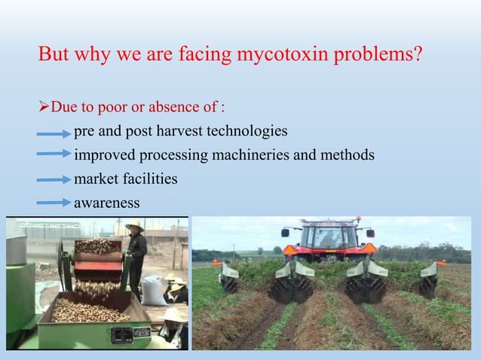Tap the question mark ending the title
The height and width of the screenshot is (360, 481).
coord(417,55)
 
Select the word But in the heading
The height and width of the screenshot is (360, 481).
coord(54,55)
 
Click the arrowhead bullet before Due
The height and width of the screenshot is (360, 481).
coord(44,107)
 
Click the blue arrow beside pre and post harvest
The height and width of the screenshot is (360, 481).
coord(54,134)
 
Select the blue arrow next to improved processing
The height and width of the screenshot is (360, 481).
coord(54,157)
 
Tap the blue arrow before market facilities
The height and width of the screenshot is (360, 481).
coord(54,181)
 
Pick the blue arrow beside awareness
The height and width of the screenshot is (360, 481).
coord(54,204)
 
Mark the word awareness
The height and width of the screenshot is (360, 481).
coord(106,203)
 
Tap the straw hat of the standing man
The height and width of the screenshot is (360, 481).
coord(135,226)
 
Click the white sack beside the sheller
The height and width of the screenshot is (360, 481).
coord(155,290)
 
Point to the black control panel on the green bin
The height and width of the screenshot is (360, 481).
coord(121,332)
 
